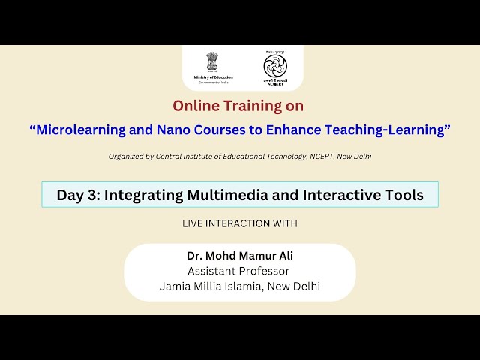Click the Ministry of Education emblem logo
click(213, 62)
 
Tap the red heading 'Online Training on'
click(238, 106)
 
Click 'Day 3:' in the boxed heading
click(78, 195)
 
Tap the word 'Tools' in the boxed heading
click(403, 195)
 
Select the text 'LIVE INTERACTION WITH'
click(240, 223)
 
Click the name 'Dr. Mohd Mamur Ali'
click(240, 256)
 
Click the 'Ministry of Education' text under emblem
click(213, 77)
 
